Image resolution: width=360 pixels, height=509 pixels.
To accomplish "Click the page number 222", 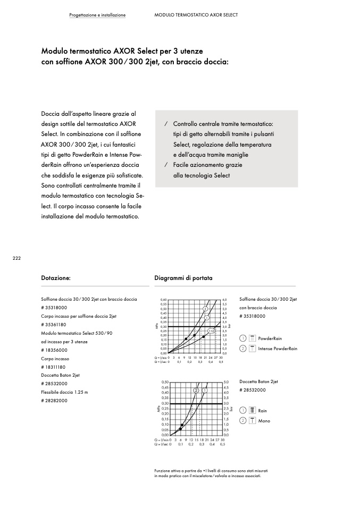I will pos(16,258).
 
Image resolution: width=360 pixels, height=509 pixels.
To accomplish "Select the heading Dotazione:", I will pos(56,278).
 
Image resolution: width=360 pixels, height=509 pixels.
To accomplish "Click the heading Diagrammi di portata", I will pos(183,278).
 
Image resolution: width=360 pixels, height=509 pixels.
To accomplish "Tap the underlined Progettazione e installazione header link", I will pos(97,15).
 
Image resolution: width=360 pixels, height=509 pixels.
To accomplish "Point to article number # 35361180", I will pos(54,325).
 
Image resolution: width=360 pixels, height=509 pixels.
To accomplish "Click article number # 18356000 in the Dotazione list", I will pos(54,350).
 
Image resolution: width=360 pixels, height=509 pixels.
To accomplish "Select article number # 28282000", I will pos(54,400).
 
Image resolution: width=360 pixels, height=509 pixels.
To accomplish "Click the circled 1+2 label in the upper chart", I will pos(211,331).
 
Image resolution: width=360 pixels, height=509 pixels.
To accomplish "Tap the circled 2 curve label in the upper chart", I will pos(205,309).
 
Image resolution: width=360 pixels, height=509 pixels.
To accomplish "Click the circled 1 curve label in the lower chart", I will pos(204,391).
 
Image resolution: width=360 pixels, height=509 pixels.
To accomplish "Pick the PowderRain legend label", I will pos(270,338).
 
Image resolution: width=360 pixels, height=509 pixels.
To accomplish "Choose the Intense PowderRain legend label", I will pos(278,349).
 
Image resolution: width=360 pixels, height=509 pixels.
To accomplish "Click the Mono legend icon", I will pos(253,421).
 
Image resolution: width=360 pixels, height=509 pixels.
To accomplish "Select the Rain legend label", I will pos(262,411).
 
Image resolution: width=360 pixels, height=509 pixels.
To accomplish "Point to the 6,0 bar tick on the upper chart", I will pos(224,300).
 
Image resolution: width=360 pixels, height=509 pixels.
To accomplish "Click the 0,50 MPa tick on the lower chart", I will pos(165,382).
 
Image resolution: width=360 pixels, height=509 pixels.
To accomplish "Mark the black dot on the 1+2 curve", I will pos(204,337).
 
